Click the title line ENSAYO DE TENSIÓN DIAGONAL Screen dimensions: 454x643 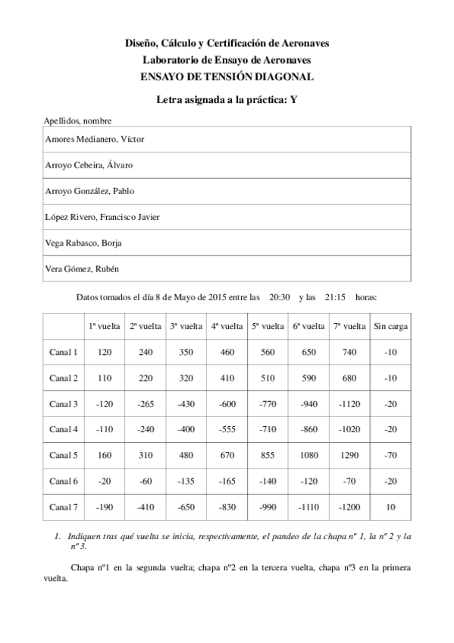tap(227, 76)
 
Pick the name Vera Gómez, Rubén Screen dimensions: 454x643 tap(83, 269)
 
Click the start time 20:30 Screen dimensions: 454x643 tap(280, 297)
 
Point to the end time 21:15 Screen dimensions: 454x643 tap(335, 297)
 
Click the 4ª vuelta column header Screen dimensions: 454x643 tap(227, 326)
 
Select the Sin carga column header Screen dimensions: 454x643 tap(390, 326)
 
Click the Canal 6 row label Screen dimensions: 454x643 tap(64, 481)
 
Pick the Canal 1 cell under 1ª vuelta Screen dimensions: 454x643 tap(104, 352)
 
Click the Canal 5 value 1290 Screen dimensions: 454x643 tap(349, 455)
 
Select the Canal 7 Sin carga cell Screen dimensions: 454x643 tap(390, 507)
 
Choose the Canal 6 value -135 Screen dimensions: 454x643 tap(186, 481)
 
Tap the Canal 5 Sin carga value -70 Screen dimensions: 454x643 tap(390, 455)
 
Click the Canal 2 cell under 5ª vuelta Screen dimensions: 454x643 tap(268, 378)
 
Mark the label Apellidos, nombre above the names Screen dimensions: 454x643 tap(78, 121)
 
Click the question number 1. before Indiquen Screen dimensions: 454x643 tap(58, 535)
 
